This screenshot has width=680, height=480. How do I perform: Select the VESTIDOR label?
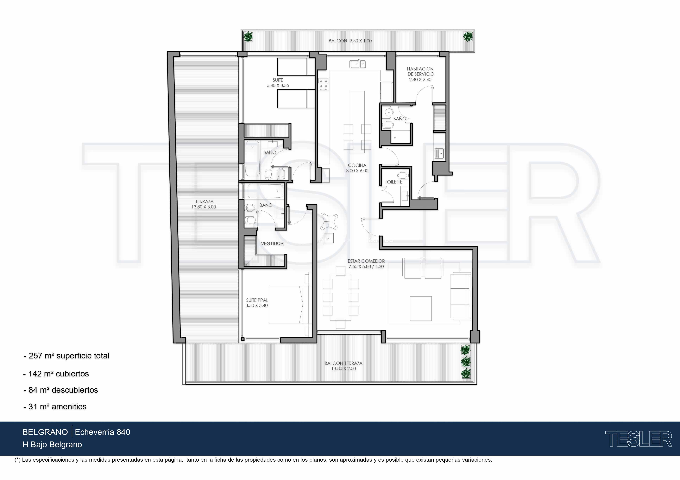click(272, 243)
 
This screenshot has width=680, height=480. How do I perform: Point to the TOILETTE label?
click(394, 182)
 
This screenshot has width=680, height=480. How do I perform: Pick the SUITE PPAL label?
click(257, 303)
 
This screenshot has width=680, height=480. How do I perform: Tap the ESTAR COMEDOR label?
click(366, 263)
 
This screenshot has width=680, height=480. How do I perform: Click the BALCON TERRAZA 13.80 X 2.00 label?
click(343, 366)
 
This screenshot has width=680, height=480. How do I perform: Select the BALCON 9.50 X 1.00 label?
click(350, 41)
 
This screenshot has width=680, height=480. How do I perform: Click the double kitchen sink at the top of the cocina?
click(357, 64)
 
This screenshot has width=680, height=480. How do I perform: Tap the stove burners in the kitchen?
click(323, 84)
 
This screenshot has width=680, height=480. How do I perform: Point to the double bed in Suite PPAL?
click(290, 304)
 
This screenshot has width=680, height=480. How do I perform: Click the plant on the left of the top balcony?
click(248, 37)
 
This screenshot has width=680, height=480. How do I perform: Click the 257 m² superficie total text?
click(67, 356)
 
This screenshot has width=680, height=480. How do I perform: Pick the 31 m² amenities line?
click(55, 407)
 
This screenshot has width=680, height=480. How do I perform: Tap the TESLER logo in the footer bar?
click(638, 439)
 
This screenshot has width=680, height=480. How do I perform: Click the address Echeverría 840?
click(103, 432)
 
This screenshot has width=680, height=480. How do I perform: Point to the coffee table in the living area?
click(421, 309)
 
